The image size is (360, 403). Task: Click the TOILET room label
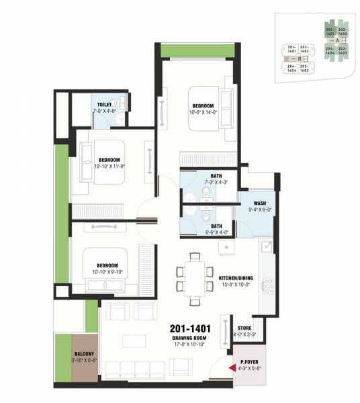[x=104, y=105]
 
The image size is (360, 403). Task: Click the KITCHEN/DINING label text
[x=236, y=277]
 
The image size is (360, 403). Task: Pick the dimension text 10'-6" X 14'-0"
[x=202, y=113]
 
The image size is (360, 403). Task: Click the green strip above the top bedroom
[x=197, y=51]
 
